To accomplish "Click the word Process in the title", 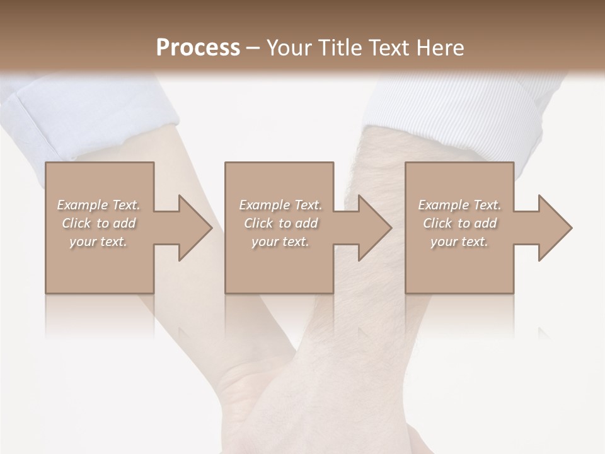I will [198, 48].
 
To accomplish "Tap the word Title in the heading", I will [338, 48].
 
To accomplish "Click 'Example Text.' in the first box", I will [98, 205].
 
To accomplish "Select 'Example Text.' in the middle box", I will [280, 205].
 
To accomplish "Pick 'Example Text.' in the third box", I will [459, 205].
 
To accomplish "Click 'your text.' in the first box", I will [98, 242].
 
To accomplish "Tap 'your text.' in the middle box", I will [280, 242].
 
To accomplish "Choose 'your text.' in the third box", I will [459, 242].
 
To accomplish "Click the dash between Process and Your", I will [253, 48].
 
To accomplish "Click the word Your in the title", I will [289, 48].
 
